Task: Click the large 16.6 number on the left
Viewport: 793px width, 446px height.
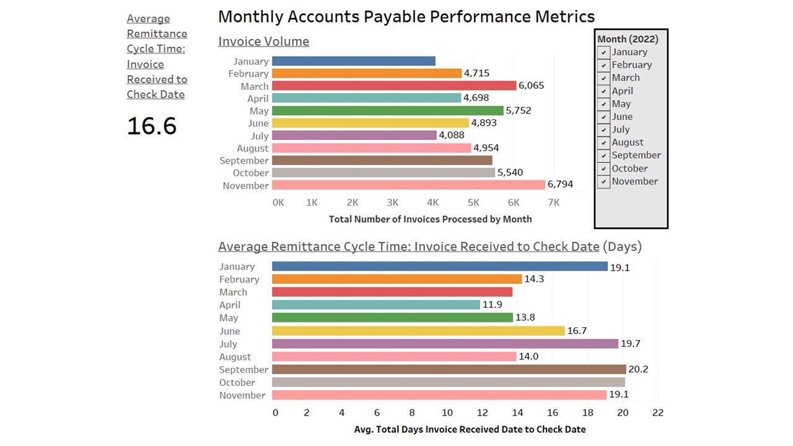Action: coord(152,126)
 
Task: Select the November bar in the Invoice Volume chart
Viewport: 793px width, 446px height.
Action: coord(408,185)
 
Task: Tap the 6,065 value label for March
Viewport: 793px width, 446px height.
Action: coord(531,85)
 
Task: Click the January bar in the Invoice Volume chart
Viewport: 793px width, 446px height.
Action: coord(353,61)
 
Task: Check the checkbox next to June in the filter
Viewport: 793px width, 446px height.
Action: coord(603,117)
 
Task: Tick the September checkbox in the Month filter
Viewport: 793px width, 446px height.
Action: coord(603,156)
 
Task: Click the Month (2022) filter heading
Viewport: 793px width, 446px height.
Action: coord(628,39)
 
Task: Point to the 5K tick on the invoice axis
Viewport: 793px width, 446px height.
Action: coord(473,203)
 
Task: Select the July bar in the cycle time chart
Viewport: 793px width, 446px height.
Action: coord(445,343)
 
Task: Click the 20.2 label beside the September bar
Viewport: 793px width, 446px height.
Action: coord(638,370)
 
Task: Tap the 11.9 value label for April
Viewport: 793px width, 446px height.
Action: coord(493,305)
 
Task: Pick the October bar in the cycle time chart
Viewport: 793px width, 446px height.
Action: coord(448,382)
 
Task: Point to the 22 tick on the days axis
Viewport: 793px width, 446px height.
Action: coord(657,413)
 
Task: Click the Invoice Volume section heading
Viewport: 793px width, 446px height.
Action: coord(263,42)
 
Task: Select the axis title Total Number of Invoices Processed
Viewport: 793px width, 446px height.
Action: coord(430,219)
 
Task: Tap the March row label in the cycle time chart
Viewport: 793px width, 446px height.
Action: coord(233,292)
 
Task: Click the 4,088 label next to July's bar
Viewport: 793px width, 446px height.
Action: coord(451,135)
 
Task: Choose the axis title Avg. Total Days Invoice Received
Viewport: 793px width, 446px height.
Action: coord(470,429)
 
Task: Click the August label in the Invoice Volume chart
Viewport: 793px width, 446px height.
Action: coord(252,148)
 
